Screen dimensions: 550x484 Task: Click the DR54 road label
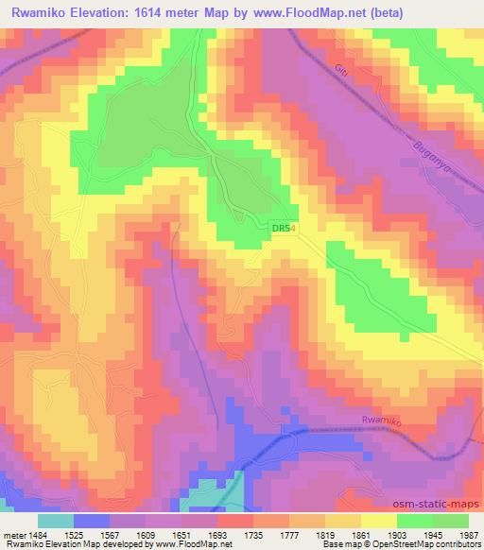pos(284,229)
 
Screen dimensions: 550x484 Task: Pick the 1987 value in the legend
pos(468,535)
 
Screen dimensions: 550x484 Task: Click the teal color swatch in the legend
pos(56,521)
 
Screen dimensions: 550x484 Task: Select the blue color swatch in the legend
pos(92,521)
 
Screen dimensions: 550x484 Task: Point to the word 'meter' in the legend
pos(10,535)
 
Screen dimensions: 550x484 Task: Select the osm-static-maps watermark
pos(437,503)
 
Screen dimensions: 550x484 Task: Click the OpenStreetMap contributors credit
pos(420,545)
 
